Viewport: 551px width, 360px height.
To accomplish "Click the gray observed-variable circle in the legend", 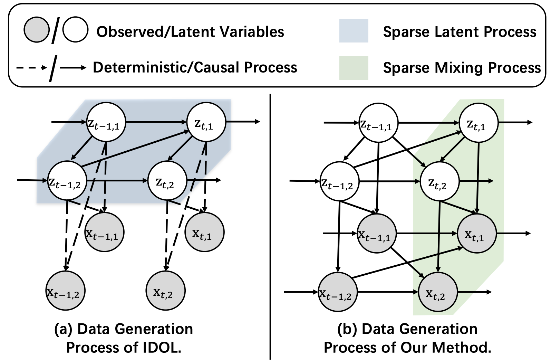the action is [x=37, y=30].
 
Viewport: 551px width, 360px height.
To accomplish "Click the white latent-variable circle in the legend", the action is [x=75, y=30].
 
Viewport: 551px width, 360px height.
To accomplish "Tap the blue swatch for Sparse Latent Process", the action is [x=354, y=31].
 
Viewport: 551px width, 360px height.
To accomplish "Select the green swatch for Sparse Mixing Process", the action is [x=354, y=68].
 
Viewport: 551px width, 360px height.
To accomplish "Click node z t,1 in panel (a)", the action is [x=206, y=122].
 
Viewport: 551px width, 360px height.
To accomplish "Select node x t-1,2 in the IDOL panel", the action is [x=66, y=291].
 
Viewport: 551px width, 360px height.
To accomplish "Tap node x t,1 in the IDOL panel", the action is [x=204, y=232].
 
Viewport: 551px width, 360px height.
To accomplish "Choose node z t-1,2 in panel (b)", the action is [x=339, y=181].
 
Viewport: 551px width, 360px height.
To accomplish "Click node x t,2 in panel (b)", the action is [x=438, y=292].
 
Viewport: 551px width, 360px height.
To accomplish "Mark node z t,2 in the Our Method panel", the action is [x=439, y=181].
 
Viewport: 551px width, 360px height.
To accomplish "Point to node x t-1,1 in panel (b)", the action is [x=377, y=233].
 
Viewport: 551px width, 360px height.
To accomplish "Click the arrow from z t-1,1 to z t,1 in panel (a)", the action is [x=156, y=122].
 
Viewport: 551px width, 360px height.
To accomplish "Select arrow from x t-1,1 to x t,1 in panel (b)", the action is [x=427, y=233].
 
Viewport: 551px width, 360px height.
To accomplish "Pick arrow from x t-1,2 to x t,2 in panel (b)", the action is [x=388, y=292].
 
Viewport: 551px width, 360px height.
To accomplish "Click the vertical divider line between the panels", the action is [x=270, y=227].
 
